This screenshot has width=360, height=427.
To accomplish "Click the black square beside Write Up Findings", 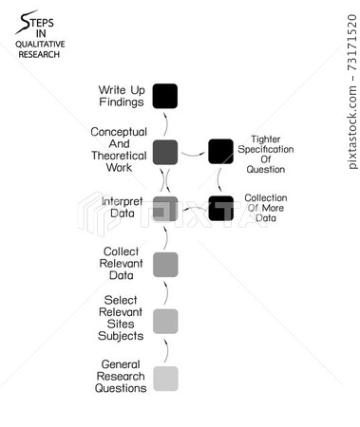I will click(165, 96).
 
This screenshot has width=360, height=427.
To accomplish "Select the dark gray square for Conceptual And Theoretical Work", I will click(165, 151).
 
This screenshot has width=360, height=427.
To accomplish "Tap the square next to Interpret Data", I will click(165, 208).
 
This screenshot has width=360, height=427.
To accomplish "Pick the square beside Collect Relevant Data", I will click(165, 264).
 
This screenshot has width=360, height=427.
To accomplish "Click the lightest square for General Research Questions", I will click(165, 378).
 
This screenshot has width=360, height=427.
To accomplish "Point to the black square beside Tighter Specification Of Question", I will click(220, 151).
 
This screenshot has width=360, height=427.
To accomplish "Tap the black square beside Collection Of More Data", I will click(220, 208).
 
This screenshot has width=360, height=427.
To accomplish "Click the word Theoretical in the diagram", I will click(119, 155).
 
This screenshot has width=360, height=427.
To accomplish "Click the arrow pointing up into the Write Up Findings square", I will click(165, 121).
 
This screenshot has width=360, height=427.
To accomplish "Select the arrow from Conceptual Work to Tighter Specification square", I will click(193, 150).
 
